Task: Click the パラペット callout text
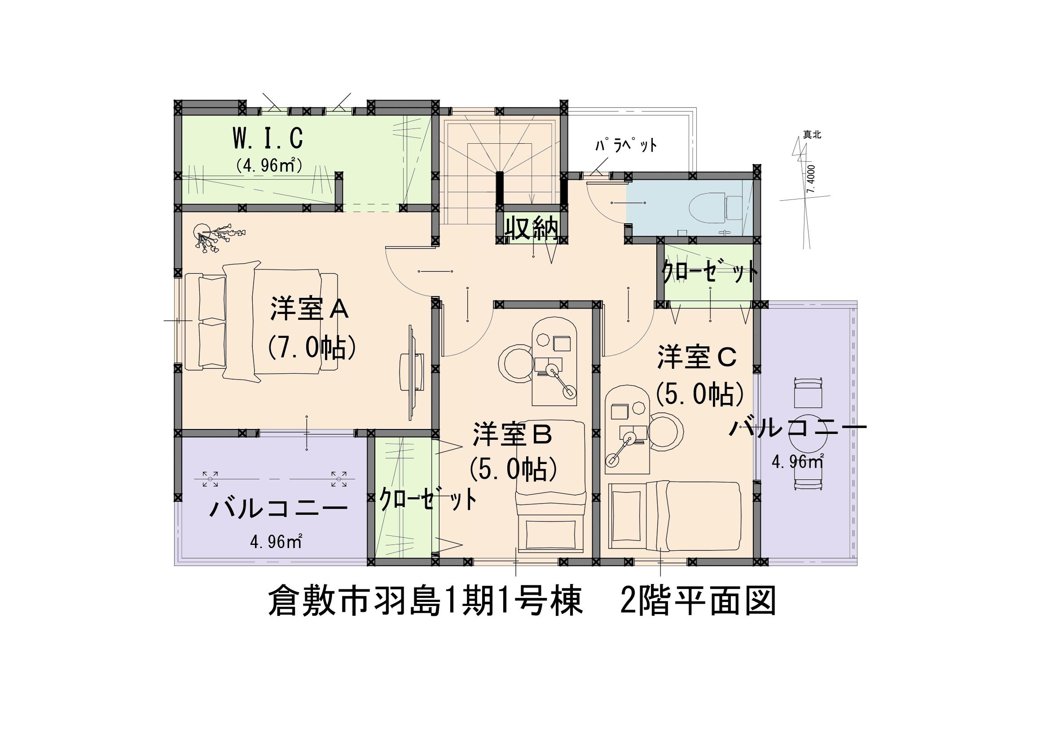coord(626,146)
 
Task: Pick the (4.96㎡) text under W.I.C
coord(268,165)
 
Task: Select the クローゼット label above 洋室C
coord(710,273)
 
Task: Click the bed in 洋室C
coord(675,516)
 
